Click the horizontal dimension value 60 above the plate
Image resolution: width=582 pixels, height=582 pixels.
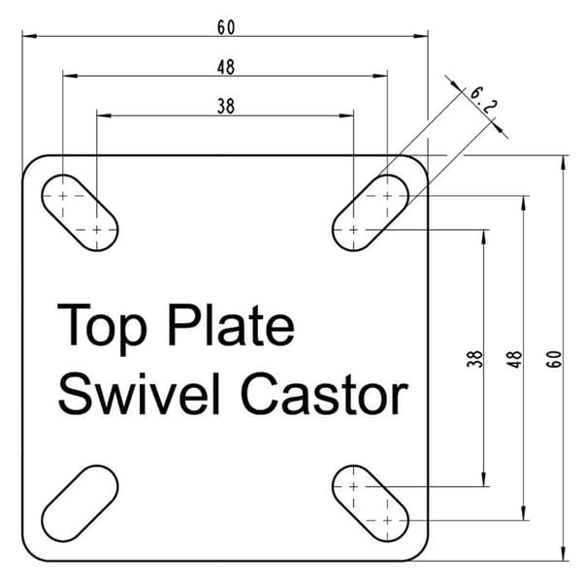226,27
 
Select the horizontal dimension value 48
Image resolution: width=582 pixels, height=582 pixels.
226,67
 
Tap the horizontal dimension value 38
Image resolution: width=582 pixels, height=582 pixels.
226,107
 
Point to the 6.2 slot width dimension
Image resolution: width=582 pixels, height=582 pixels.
483,100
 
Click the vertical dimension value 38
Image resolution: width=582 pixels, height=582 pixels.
474,359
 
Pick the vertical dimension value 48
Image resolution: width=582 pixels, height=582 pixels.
515,359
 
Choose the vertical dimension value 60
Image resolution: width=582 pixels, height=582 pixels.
554,359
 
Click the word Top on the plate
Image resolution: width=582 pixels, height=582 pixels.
102,329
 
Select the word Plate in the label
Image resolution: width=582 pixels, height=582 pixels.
231,324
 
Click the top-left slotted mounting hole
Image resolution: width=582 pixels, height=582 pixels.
80,212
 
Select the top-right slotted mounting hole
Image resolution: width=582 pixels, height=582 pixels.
371,212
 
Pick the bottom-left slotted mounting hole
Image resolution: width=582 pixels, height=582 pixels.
80,503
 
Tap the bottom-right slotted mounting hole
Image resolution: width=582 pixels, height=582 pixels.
371,503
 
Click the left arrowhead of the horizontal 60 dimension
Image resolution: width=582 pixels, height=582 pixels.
30,36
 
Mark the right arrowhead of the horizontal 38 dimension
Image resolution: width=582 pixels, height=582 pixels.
346,115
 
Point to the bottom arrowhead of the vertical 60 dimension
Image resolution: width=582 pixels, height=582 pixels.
564,554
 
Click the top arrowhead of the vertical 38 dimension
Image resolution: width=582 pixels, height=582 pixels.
484,238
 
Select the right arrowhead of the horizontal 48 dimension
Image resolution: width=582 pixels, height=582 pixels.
380,76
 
